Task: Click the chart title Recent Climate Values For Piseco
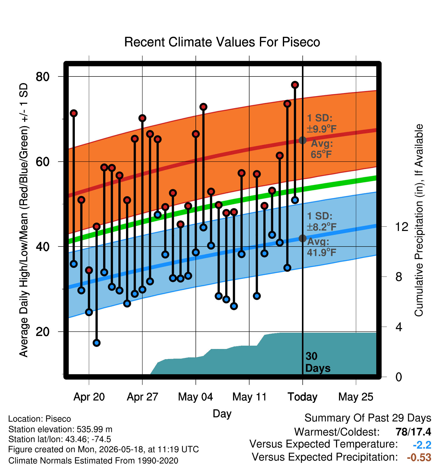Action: click(x=222, y=42)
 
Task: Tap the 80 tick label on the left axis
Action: click(x=43, y=76)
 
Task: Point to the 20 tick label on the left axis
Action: click(x=43, y=332)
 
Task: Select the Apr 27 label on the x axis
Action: click(x=143, y=397)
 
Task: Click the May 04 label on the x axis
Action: click(x=196, y=397)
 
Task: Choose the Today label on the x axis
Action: click(x=302, y=397)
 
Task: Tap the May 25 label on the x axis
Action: click(x=356, y=397)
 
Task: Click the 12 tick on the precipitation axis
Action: click(x=401, y=227)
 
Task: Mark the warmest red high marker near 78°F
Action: click(x=295, y=85)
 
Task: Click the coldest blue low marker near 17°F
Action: click(x=96, y=343)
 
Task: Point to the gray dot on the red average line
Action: click(x=302, y=140)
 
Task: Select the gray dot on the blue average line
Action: click(x=302, y=238)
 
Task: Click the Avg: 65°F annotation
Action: click(x=322, y=149)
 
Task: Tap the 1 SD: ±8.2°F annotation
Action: click(x=322, y=222)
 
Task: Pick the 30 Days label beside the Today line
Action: click(x=318, y=362)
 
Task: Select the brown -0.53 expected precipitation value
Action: click(x=419, y=457)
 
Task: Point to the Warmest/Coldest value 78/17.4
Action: click(x=413, y=432)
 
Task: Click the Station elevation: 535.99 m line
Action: click(x=60, y=429)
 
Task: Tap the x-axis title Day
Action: click(x=222, y=414)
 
